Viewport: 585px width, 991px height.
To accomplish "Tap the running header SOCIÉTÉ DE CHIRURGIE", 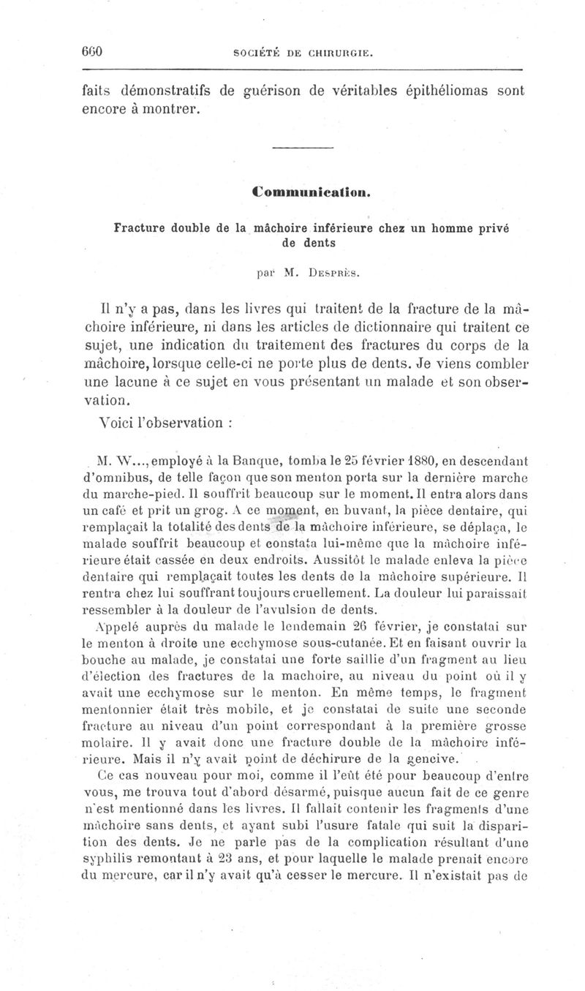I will pos(302,53).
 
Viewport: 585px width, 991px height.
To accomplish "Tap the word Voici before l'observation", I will pos(114,422).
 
